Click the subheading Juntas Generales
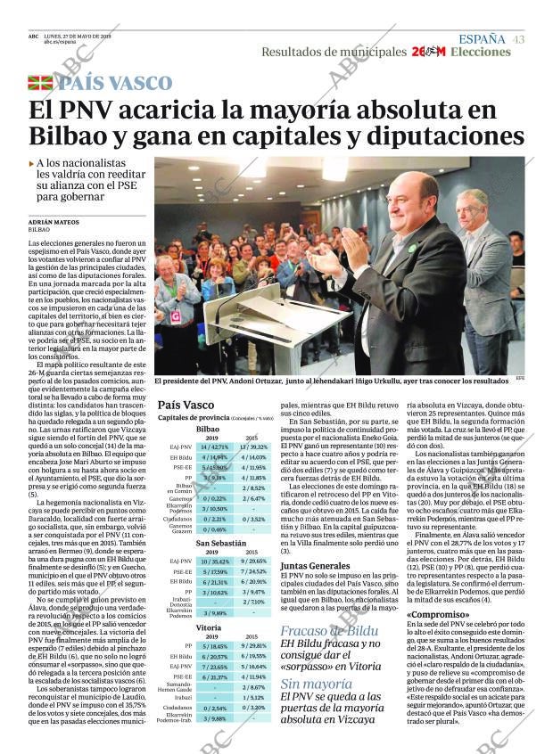point(315,565)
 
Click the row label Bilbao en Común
point(179,488)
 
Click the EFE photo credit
point(520,379)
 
